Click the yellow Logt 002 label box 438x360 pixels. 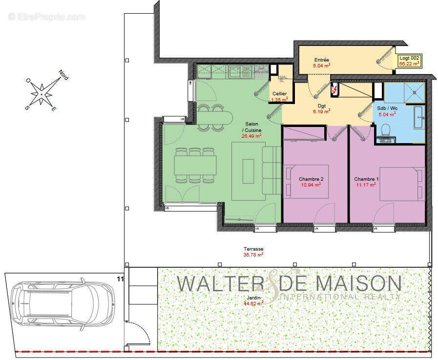click(x=409, y=61)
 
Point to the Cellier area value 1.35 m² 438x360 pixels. click(x=279, y=100)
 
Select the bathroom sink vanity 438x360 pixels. click(x=419, y=118)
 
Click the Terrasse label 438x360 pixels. click(x=253, y=249)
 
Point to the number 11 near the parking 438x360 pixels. click(x=120, y=279)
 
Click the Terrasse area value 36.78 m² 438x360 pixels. click(x=253, y=254)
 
